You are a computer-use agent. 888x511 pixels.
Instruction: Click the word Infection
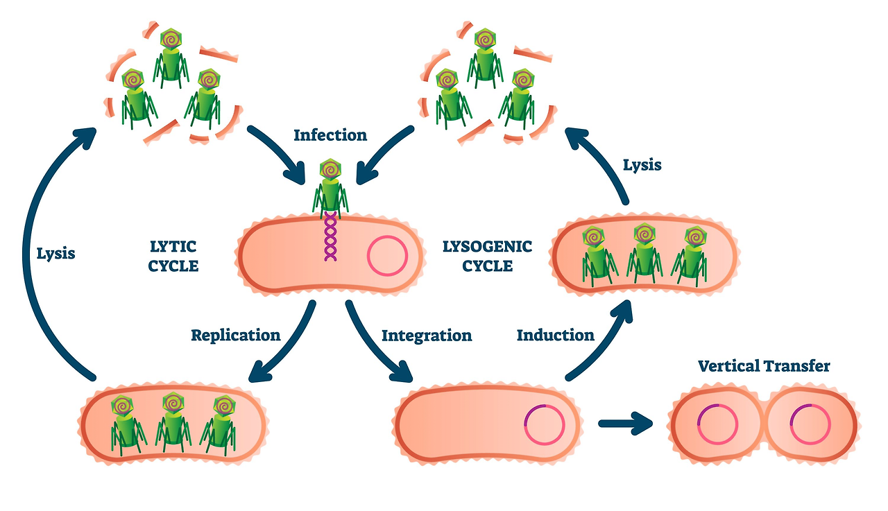tap(330, 135)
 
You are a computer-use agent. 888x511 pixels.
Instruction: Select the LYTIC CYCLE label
tap(174, 256)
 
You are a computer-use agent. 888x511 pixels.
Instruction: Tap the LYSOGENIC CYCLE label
tap(487, 256)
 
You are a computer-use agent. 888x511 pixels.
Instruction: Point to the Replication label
tap(236, 336)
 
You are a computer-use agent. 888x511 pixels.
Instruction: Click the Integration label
tap(427, 336)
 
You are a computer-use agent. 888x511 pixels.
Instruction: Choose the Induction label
tap(555, 336)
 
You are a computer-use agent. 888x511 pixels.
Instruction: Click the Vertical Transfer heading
tap(763, 365)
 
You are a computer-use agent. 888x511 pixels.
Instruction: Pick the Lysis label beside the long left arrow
tap(55, 254)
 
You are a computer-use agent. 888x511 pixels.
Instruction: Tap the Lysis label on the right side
tap(642, 165)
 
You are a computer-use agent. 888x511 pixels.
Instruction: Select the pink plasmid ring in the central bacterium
tap(386, 256)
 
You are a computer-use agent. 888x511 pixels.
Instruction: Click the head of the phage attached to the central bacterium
tap(331, 169)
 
